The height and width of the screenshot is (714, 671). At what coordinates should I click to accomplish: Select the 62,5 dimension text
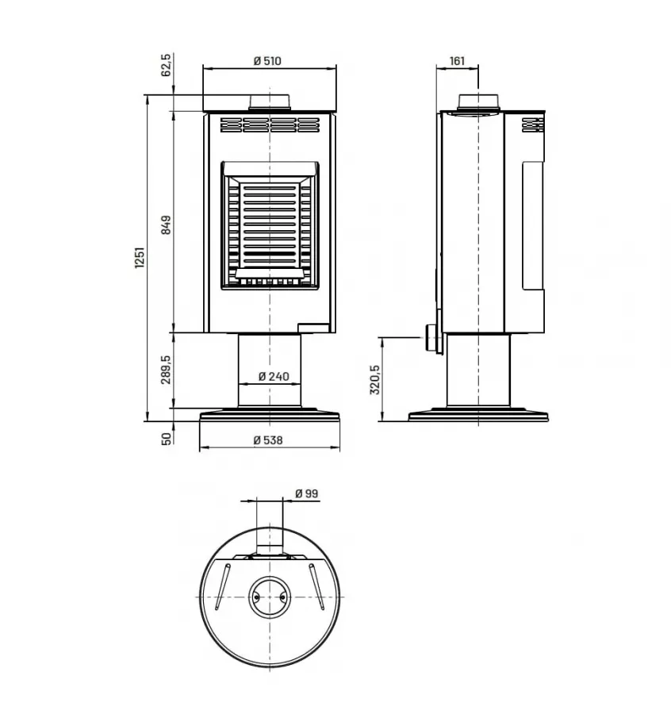click(x=166, y=65)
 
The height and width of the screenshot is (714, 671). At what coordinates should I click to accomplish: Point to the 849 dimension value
click(x=166, y=226)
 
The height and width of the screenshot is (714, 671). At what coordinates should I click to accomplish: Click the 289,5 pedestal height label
click(x=166, y=370)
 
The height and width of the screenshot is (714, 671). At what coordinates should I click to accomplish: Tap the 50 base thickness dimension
click(x=166, y=439)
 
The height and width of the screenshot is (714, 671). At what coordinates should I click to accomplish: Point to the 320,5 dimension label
click(x=376, y=379)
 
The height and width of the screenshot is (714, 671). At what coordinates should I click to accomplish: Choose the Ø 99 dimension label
click(x=305, y=493)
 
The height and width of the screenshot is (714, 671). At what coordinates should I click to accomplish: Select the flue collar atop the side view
click(x=479, y=102)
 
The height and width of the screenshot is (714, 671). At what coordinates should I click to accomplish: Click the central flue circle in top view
click(x=270, y=595)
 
